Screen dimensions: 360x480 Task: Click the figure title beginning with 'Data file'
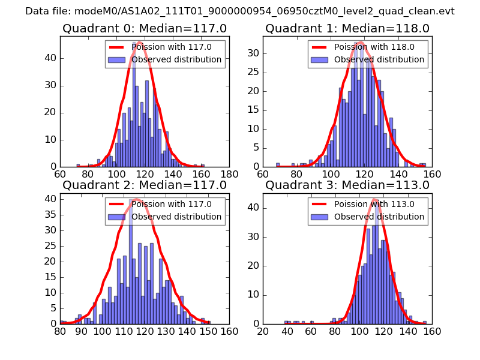point(240,11)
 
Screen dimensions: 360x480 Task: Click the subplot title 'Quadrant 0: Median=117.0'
point(145,28)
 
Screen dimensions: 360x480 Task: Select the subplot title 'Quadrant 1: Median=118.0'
point(347,28)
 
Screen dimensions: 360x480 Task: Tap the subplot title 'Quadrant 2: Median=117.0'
point(145,185)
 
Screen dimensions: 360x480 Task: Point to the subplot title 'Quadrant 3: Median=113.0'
point(347,185)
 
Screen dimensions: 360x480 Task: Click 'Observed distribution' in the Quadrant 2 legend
point(176,217)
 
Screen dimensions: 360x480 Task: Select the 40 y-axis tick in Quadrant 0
point(52,58)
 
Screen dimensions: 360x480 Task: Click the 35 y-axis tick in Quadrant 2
point(52,214)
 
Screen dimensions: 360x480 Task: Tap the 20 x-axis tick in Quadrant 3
point(263,331)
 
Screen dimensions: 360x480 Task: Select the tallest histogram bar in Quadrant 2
point(130,264)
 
